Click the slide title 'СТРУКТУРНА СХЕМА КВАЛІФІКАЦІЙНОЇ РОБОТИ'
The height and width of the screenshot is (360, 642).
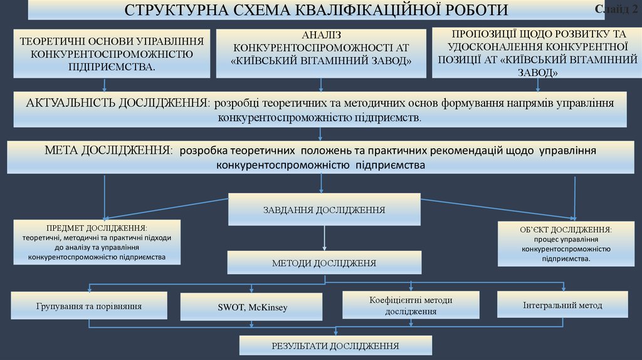316,11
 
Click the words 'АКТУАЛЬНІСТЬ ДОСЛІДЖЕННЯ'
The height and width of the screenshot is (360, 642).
118,102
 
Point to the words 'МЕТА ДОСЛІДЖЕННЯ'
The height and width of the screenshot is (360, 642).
108,151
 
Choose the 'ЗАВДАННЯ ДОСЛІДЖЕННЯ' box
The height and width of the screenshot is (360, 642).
324,209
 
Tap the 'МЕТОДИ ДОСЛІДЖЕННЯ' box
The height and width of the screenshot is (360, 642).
324,263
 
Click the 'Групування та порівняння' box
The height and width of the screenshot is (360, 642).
89,306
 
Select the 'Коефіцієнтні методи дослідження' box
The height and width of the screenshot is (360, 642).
411,305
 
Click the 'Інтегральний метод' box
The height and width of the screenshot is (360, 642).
562,305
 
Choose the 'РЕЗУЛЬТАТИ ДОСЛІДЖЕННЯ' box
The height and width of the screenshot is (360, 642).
335,346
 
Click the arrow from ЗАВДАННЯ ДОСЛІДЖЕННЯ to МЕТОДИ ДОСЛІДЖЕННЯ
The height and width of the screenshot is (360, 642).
324,238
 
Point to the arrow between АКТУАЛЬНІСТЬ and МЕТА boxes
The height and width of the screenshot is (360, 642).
321,133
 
